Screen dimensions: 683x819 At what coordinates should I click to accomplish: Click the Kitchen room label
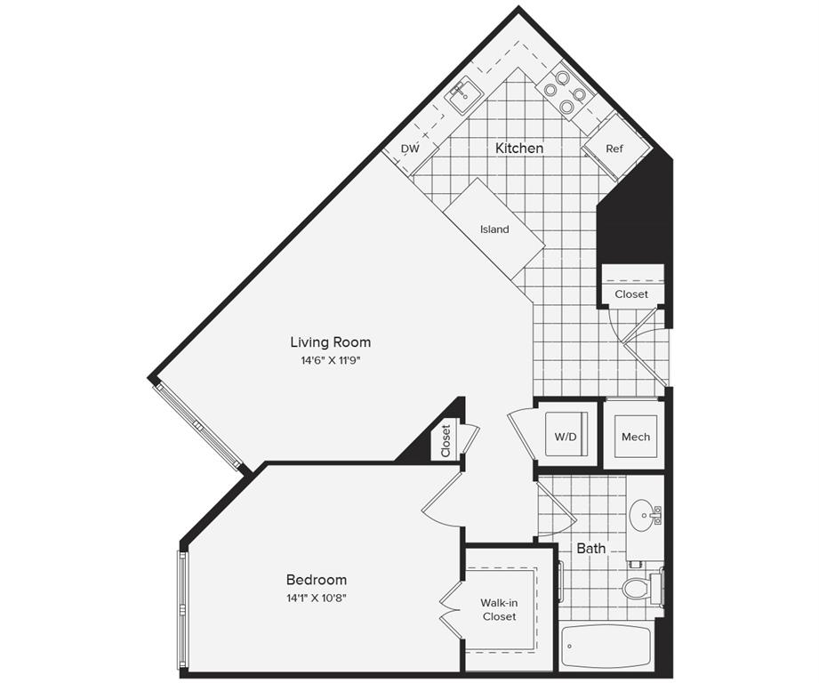[519, 149]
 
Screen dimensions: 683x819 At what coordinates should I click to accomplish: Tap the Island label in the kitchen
[494, 229]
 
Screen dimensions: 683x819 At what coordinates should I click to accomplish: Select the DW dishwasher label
[409, 149]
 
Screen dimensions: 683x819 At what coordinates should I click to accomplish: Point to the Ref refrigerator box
[614, 149]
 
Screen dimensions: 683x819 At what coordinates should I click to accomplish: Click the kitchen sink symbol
[463, 93]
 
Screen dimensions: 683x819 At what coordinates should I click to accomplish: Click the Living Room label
[330, 342]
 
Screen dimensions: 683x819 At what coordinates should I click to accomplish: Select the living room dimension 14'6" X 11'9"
[330, 361]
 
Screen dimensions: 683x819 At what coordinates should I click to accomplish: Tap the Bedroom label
[317, 580]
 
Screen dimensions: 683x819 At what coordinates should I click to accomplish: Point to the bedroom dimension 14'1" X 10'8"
[317, 598]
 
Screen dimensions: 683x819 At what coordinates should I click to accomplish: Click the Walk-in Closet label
[499, 610]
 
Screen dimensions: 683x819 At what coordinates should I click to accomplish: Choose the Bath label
[591, 549]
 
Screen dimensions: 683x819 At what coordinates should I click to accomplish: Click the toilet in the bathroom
[638, 588]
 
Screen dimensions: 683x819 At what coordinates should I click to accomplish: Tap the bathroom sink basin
[644, 514]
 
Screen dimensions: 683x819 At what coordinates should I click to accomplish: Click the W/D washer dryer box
[565, 436]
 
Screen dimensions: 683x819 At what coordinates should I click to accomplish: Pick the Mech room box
[635, 437]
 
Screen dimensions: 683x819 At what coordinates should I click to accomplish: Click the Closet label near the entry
[631, 294]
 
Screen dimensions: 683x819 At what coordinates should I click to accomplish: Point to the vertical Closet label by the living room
[446, 440]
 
